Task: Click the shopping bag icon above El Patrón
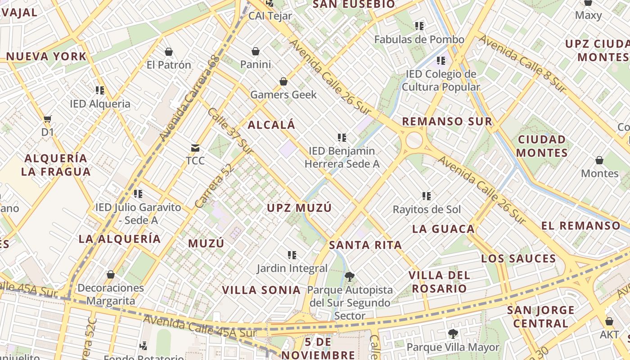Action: (x=169, y=52)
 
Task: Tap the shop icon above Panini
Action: (x=256, y=51)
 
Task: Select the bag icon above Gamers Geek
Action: (x=283, y=81)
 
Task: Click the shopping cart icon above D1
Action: (x=47, y=119)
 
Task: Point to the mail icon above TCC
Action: (x=195, y=148)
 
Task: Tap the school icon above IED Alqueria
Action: (x=100, y=90)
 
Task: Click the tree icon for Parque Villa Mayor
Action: (x=453, y=334)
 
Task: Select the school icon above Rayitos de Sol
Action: (x=427, y=196)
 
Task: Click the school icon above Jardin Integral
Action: (x=292, y=255)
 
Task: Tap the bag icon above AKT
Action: (x=609, y=321)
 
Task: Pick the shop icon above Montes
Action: (x=599, y=160)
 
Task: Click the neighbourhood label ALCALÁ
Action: (x=271, y=125)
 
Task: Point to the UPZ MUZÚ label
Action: (x=299, y=208)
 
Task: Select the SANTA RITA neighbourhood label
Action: (x=365, y=245)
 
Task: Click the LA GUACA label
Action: (x=443, y=229)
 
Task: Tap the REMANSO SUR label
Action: (x=447, y=121)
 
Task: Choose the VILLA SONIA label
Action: (x=261, y=290)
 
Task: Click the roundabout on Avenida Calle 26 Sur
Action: (x=414, y=140)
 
